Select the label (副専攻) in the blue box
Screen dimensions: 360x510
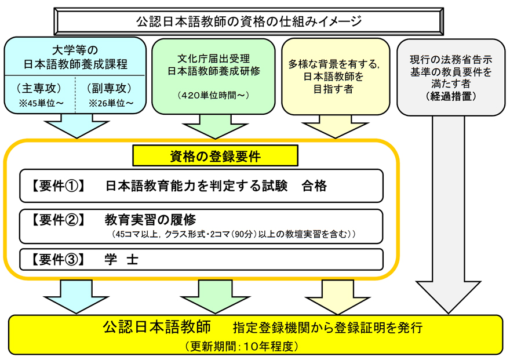point(111,89)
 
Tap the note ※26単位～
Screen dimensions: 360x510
point(111,103)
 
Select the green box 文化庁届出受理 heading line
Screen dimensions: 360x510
point(213,59)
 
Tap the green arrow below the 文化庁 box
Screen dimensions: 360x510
point(213,127)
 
